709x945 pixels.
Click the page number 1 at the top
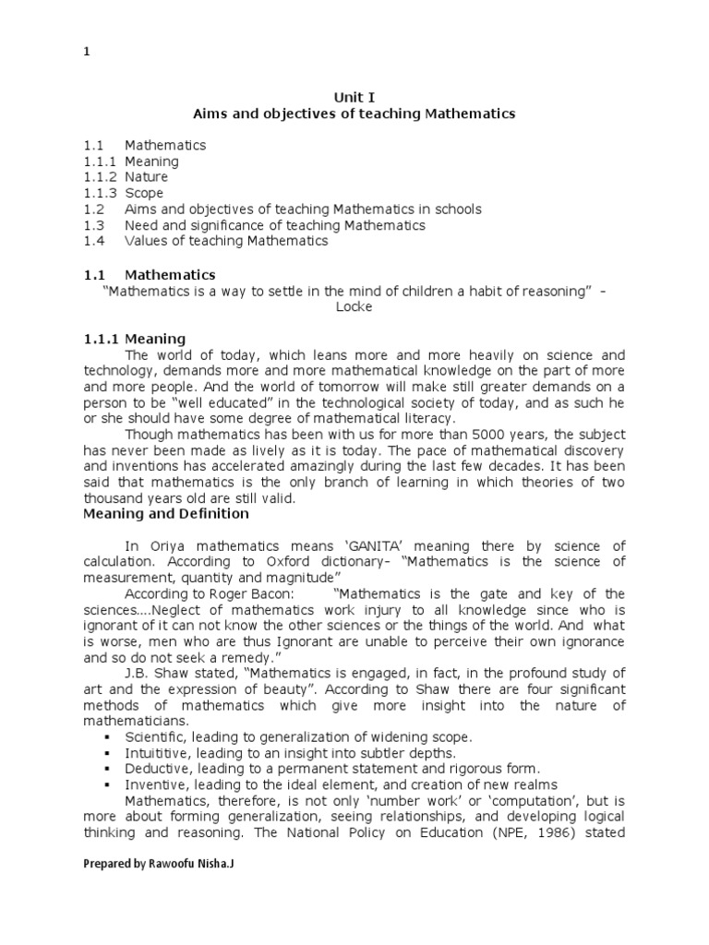[x=87, y=52]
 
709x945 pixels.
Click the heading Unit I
[x=354, y=96]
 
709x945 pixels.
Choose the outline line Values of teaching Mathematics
[x=226, y=241]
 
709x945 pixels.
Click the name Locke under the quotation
[x=354, y=306]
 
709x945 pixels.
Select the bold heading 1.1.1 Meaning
[x=134, y=339]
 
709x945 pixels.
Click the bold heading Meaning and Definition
[x=166, y=513]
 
